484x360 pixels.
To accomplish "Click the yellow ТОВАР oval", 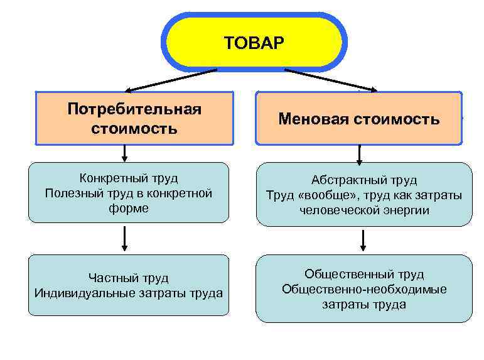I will tap(254, 43).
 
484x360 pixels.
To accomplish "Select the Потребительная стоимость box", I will tap(134, 119).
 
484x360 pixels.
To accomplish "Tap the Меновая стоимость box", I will tap(358, 119).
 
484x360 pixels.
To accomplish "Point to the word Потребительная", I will tap(134, 109).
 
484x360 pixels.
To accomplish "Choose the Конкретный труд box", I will tap(128, 192).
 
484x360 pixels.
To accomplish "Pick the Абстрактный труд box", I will tap(363, 194).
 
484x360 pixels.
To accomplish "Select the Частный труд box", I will tap(128, 285).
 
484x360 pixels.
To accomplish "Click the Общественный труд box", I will tap(363, 288).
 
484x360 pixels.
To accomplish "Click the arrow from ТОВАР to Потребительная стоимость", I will tap(169, 80).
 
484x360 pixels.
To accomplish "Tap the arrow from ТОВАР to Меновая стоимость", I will tap(330, 80).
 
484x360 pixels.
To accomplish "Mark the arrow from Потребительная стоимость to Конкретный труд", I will tap(125, 153).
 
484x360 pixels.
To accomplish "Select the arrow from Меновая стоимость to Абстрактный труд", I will tap(360, 154).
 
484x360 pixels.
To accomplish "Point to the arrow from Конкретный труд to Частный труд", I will tap(125, 238).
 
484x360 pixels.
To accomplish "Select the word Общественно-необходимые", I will tap(364, 289).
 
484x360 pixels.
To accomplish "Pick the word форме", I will tap(128, 208).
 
